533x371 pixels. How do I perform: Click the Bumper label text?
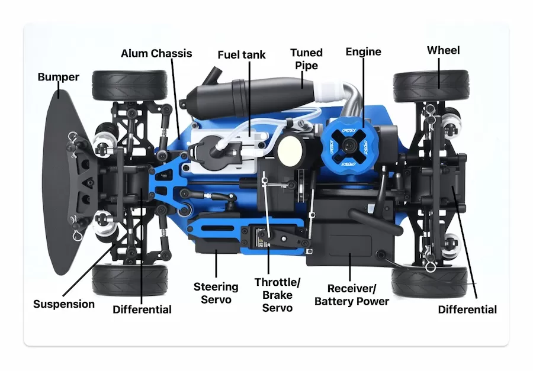coord(58,77)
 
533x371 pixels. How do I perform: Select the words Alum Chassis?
coord(156,53)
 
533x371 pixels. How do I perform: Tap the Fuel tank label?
coord(242,54)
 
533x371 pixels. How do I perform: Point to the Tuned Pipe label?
coord(306,59)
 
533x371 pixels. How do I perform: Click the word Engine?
coord(363,51)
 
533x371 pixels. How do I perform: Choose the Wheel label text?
coord(443,50)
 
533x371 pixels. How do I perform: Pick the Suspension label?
coord(63,304)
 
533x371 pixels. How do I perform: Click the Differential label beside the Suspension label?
coord(142,309)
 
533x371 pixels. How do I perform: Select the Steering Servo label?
coord(216,293)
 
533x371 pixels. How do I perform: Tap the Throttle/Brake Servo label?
coord(277,295)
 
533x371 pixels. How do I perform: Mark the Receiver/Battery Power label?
coord(351,295)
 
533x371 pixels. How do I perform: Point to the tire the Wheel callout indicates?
coord(431,86)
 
